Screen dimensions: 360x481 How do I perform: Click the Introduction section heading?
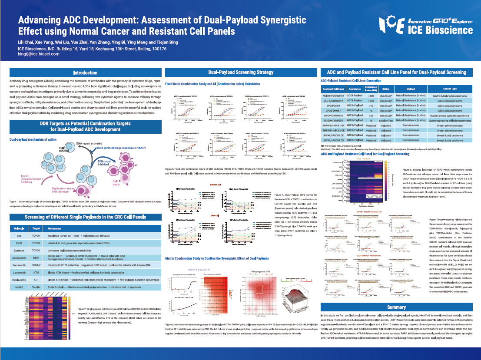coord(85,73)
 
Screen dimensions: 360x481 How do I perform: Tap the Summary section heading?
coord(396,307)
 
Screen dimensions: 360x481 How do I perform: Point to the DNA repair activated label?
coord(90,143)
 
